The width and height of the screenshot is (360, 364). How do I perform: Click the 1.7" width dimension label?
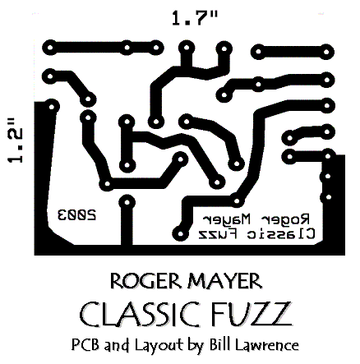pyautogui.click(x=195, y=19)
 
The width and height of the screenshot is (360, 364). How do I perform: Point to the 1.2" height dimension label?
pyautogui.click(x=15, y=141)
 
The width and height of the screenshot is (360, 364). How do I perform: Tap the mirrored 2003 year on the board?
pyautogui.click(x=76, y=214)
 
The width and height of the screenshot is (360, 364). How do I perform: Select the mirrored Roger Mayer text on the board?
pyautogui.click(x=256, y=219)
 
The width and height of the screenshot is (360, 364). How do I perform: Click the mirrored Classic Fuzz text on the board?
pyautogui.click(x=256, y=233)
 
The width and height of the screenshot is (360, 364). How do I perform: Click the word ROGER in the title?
pyautogui.click(x=145, y=281)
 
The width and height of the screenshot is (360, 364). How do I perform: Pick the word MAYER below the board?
pyautogui.click(x=225, y=281)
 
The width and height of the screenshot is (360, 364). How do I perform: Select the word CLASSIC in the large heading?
pyautogui.click(x=141, y=314)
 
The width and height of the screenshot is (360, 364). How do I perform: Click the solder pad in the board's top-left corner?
pyautogui.click(x=50, y=48)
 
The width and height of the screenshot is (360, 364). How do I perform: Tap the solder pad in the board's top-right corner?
pyautogui.click(x=326, y=52)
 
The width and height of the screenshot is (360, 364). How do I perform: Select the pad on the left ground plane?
pyautogui.click(x=52, y=106)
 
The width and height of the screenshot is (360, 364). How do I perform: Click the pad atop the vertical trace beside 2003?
pyautogui.click(x=127, y=203)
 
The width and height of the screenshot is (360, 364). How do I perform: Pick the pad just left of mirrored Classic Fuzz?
pyautogui.click(x=180, y=234)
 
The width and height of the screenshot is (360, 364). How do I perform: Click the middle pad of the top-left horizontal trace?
pyautogui.click(x=127, y=48)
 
